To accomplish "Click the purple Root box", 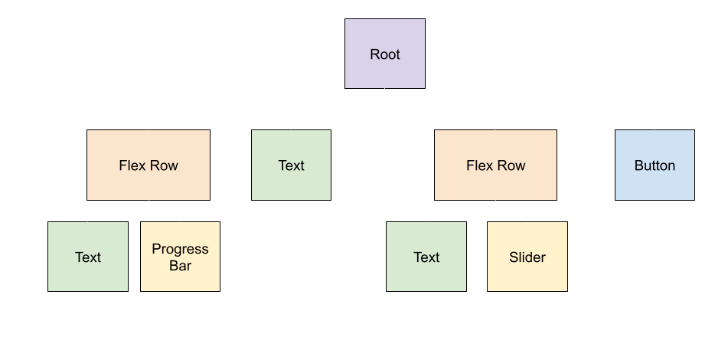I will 384,54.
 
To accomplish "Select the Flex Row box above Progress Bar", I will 149,165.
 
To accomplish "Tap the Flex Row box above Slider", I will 495,165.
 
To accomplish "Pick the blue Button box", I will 655,165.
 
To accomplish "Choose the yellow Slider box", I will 527,257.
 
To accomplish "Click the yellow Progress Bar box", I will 180,257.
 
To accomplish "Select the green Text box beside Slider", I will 426,257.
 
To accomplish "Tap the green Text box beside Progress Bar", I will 88,257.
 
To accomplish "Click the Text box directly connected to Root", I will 292,165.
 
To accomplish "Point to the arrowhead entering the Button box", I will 655,126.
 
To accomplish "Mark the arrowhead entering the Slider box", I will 527,218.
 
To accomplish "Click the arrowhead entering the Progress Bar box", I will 180,218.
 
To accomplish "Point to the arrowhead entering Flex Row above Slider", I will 495,126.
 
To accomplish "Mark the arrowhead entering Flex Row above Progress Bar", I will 149,126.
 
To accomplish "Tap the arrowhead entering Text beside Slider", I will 426,218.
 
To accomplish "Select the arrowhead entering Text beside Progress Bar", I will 88,218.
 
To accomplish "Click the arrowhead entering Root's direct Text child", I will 292,126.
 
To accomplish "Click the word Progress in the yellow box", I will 180,249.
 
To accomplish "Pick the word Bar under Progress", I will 180,266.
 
